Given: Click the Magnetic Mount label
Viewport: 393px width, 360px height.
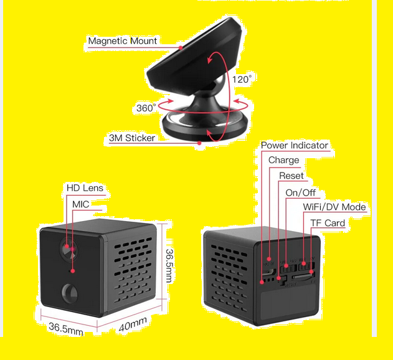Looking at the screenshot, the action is (122, 40).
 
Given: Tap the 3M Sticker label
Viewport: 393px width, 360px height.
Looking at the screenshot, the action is (132, 138).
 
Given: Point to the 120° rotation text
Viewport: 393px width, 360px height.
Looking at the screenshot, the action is (242, 80).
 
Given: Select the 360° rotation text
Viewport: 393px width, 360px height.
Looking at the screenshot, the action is (146, 108).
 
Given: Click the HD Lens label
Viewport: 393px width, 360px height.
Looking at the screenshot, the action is (85, 188).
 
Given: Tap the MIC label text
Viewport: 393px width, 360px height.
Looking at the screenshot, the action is (81, 204).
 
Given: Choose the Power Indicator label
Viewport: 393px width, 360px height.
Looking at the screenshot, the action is (295, 145).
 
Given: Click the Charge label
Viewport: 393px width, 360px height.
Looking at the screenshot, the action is (284, 160).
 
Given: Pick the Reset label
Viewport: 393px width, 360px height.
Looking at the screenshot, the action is (291, 176).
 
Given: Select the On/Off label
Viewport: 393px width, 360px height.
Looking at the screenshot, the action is (301, 193).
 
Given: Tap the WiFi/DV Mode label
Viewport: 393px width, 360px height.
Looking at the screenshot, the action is (334, 207).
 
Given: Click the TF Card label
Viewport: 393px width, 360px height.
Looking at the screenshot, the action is (328, 223).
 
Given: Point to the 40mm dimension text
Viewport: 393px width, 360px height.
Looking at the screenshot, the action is (133, 324).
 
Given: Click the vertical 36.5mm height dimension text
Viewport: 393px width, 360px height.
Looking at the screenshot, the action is (170, 266).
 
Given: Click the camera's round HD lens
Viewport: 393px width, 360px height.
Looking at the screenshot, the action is (69, 249).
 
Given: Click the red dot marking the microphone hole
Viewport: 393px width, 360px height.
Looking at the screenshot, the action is (73, 271).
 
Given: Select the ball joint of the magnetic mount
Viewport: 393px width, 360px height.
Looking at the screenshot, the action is (218, 84).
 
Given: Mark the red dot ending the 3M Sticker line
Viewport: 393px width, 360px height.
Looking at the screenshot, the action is (199, 143).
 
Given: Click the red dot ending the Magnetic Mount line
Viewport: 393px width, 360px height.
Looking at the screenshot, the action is (181, 47).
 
